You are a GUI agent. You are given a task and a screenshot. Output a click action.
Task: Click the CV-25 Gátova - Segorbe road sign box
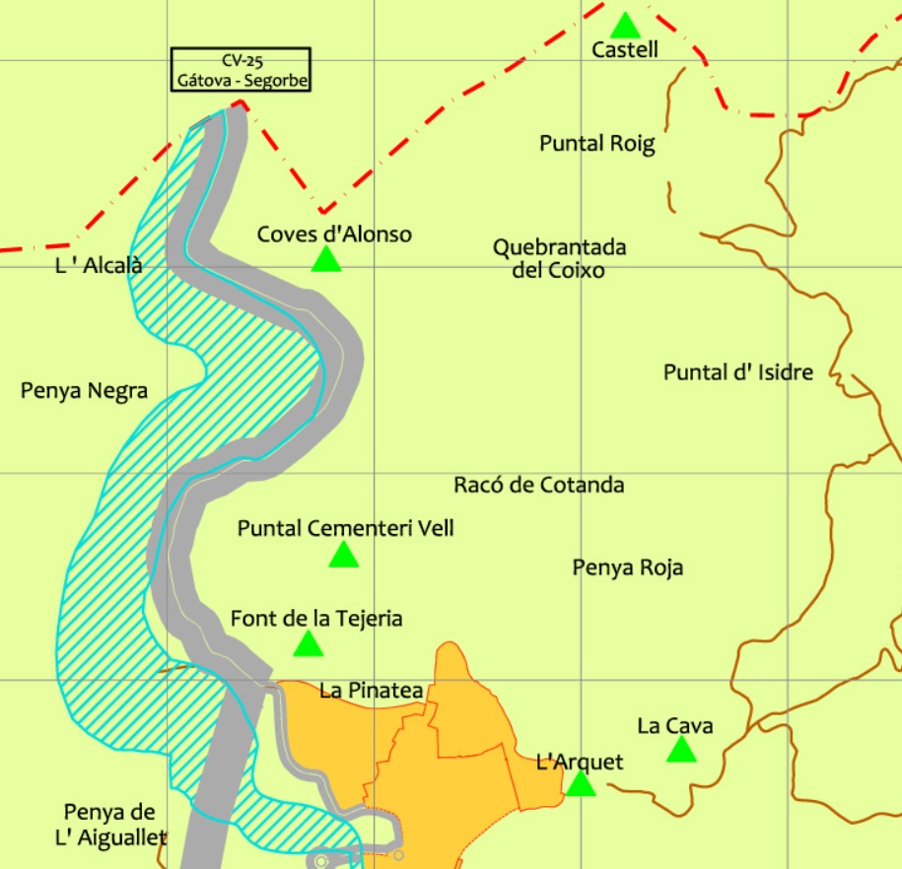241,70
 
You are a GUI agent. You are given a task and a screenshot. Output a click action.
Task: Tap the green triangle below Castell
625,25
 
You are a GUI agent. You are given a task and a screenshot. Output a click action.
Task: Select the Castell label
625,49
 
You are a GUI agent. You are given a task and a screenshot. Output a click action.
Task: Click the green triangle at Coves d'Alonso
326,259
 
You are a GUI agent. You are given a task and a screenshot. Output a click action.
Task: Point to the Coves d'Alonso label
334,234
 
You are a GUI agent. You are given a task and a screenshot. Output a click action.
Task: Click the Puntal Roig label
597,144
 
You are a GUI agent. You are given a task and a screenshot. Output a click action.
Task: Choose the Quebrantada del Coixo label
559,258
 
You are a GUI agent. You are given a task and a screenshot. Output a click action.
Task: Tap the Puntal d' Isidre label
738,372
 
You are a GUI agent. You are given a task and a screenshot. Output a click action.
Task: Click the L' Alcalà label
100,265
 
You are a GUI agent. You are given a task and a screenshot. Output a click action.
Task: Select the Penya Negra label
85,391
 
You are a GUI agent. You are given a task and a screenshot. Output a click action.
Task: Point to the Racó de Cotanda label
539,485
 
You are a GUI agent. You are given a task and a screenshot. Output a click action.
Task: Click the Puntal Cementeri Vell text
346,528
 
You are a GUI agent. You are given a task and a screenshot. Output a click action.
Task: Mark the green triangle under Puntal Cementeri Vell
343,556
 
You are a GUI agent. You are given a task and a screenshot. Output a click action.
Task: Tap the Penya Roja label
628,568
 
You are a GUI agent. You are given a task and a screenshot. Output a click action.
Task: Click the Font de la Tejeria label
316,619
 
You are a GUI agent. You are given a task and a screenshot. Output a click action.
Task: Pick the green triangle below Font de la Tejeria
309,644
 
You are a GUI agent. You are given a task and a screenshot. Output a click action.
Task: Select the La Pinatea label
372,691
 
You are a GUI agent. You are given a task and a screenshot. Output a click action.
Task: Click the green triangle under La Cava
681,751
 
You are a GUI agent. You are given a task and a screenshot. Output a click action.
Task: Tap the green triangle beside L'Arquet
581,784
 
